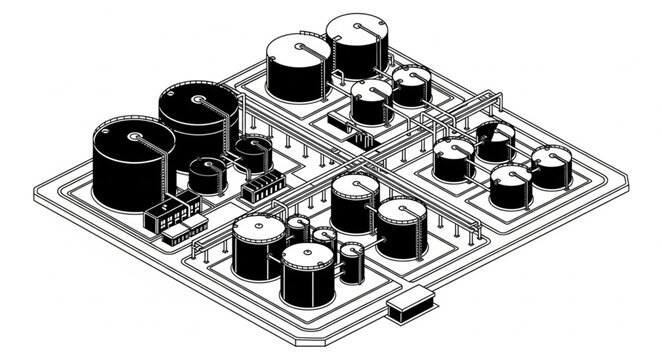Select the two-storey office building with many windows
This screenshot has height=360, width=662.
[169, 211]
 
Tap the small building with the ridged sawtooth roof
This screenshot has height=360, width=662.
[263, 185]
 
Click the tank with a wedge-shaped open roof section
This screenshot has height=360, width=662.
[494, 140]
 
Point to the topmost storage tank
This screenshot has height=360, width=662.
[357, 45]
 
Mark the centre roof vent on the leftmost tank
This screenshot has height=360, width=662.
[133, 134]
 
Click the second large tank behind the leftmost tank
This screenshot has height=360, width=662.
[198, 125]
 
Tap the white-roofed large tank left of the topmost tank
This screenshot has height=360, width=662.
[297, 67]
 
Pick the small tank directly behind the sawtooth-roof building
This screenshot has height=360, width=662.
[252, 154]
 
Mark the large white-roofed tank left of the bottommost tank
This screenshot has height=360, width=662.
[259, 248]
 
